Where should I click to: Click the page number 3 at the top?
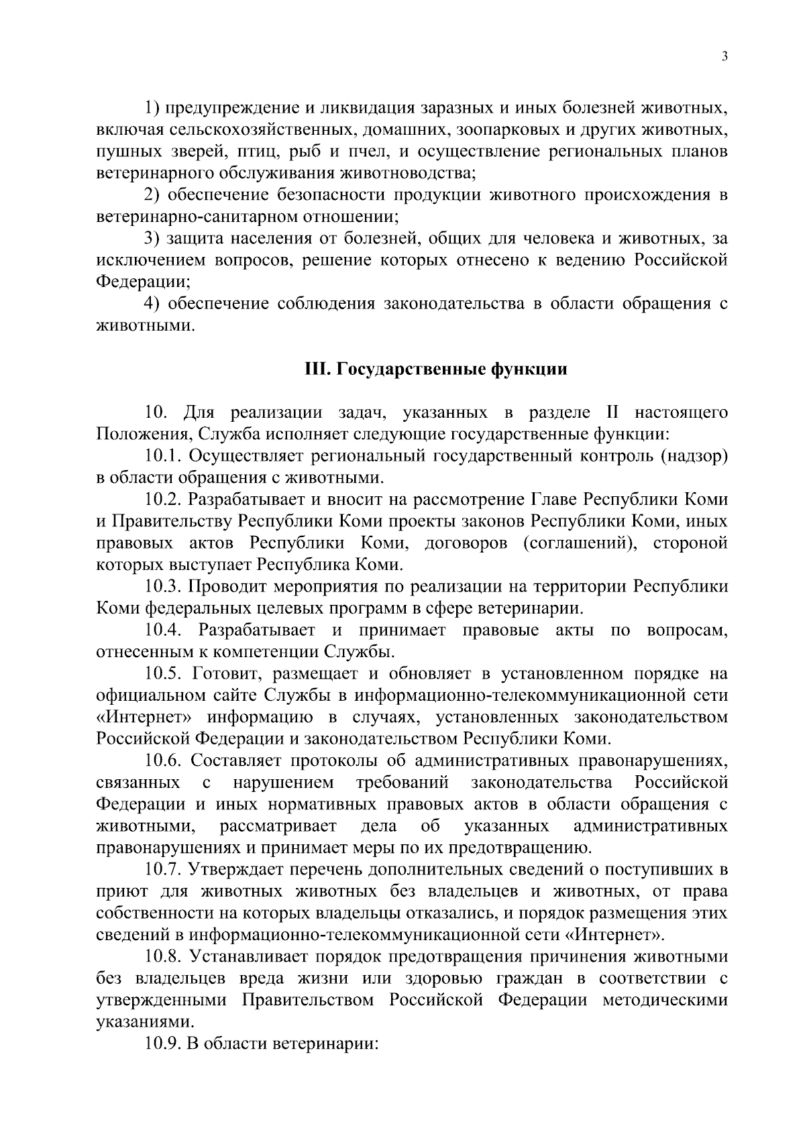pos(724,57)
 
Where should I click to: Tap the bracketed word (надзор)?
pos(694,456)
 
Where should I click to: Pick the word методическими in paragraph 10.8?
pos(665,1000)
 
